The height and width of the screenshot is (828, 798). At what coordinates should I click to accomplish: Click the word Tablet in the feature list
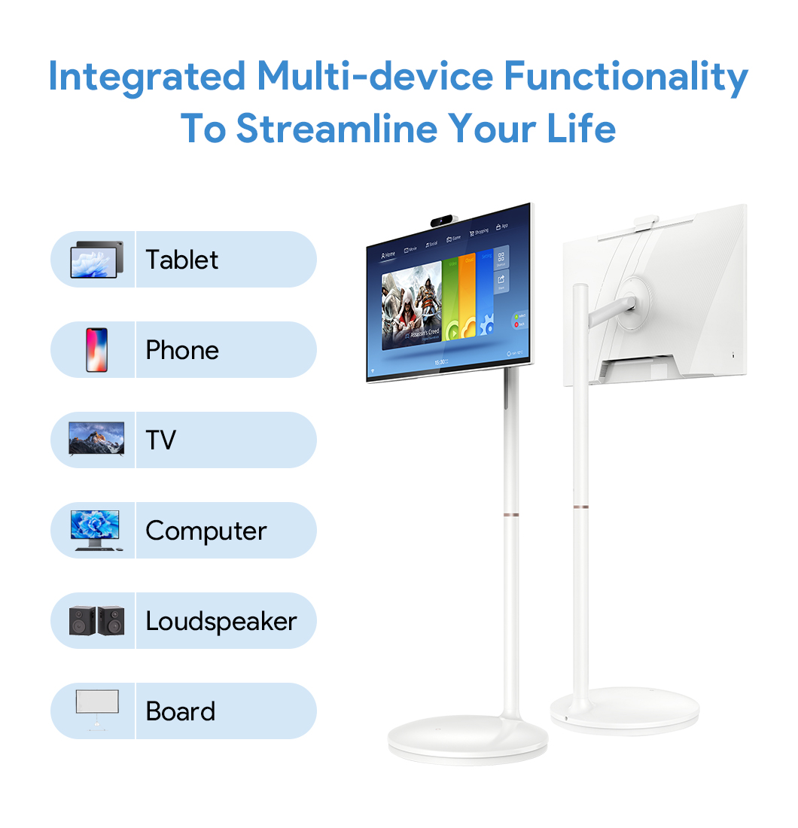coord(181,260)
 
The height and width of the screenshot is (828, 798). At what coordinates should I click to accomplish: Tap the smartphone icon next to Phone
coord(96,350)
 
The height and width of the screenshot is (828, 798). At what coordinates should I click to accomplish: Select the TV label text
coord(160,440)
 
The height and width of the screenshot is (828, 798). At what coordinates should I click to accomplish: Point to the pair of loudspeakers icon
coord(96,620)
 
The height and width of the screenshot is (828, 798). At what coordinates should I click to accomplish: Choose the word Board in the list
coord(180,711)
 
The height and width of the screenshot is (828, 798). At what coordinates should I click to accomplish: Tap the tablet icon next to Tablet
coord(94,260)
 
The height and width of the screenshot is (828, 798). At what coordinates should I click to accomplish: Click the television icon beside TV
coord(96,438)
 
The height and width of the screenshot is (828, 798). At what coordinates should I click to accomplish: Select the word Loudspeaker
coord(221,621)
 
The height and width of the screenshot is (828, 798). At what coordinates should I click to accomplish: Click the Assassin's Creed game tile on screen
coord(411,309)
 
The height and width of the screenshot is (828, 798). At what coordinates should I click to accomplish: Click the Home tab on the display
coord(388,254)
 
